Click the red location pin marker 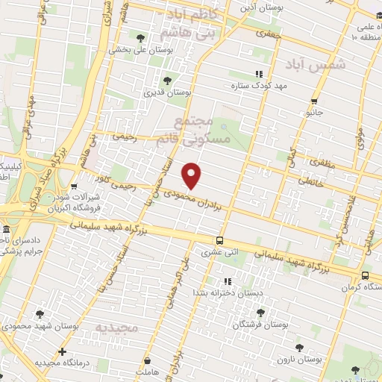tap(192, 175)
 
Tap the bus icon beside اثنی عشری tap(219, 241)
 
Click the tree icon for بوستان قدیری tap(166, 81)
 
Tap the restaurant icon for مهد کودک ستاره tap(259, 74)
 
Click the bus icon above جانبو tap(315, 101)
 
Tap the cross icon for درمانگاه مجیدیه tap(62, 351)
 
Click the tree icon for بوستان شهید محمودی tap(40, 314)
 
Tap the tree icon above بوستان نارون tap(299, 347)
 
